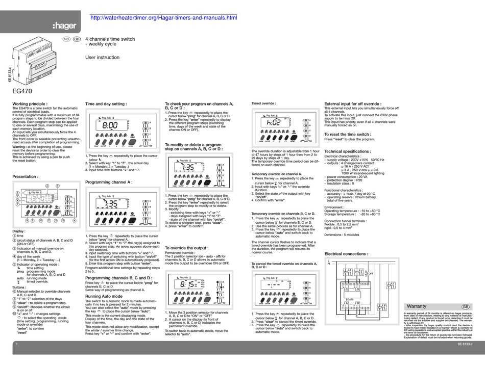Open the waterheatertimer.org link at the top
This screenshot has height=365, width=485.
tap(163, 18)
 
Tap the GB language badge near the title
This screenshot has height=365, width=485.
tap(77, 39)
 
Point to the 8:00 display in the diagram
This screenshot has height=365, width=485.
tap(110, 124)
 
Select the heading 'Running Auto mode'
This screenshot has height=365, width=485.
tap(104, 296)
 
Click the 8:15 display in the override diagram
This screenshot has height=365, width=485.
tap(189, 284)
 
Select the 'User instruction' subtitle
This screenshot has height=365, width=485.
tap(102, 58)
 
